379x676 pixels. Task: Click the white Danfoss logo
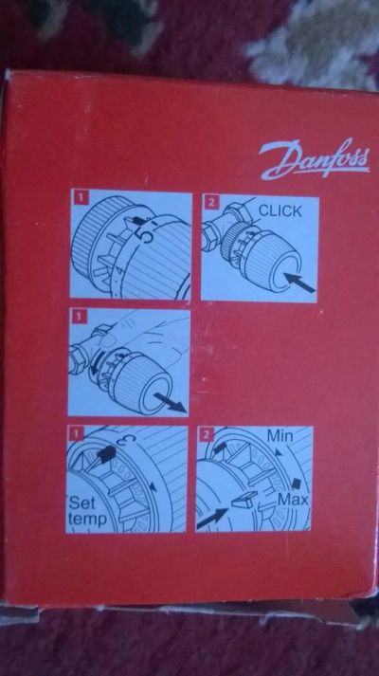[314, 158]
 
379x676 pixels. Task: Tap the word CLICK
[280, 211]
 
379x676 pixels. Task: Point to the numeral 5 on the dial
[147, 236]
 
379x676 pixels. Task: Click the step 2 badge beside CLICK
[211, 202]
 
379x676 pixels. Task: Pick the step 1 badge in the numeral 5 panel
[81, 197]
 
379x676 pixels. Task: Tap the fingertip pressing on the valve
[109, 340]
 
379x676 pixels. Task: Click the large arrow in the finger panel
[170, 400]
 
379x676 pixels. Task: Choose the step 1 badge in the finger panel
[80, 317]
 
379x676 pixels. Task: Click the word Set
[81, 503]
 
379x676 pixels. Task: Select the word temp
[87, 519]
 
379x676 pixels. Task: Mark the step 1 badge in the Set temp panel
[77, 433]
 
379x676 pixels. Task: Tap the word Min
[280, 436]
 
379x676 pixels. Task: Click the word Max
[293, 500]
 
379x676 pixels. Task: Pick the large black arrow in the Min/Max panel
[213, 519]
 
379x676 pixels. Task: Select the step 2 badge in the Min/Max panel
[207, 435]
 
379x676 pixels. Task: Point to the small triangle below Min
[279, 452]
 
